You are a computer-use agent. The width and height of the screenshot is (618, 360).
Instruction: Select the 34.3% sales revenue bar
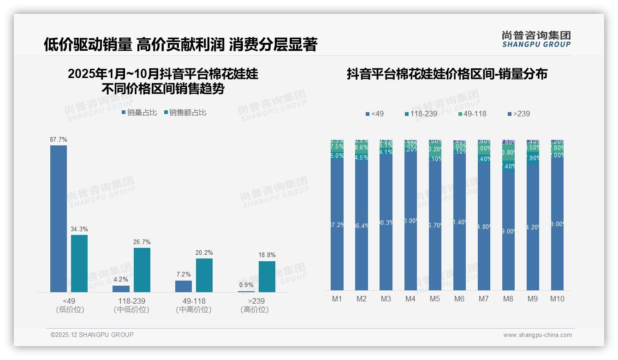coord(79,263)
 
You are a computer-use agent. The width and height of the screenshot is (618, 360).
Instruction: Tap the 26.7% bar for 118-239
coord(142,270)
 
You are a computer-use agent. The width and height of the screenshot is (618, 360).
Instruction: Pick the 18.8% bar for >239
coord(267,276)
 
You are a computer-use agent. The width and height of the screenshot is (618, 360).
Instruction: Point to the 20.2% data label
coord(204,253)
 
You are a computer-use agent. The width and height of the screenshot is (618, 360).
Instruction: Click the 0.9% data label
coord(246,285)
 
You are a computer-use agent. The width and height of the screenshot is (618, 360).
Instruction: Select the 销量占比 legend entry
coord(140,113)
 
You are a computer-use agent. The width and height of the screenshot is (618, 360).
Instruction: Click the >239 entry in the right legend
coord(518,114)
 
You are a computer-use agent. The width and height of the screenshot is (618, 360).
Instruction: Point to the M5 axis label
coord(435,299)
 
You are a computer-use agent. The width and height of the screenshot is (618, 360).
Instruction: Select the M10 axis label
coord(557,299)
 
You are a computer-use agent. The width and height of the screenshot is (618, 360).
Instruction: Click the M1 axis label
coord(337,299)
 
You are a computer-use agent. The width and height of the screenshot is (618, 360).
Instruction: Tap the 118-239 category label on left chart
coord(131,301)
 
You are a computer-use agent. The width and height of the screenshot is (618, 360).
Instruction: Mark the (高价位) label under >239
coord(255,310)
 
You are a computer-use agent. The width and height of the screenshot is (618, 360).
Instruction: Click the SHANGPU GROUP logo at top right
coord(536,39)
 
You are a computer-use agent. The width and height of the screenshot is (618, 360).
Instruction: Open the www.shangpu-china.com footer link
coord(537,335)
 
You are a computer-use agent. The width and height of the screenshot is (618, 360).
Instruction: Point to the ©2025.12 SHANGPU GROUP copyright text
coord(92,335)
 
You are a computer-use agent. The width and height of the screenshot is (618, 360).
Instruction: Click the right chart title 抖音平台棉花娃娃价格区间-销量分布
coord(447,74)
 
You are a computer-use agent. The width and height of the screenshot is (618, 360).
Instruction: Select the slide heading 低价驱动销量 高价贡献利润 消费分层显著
coord(180,45)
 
